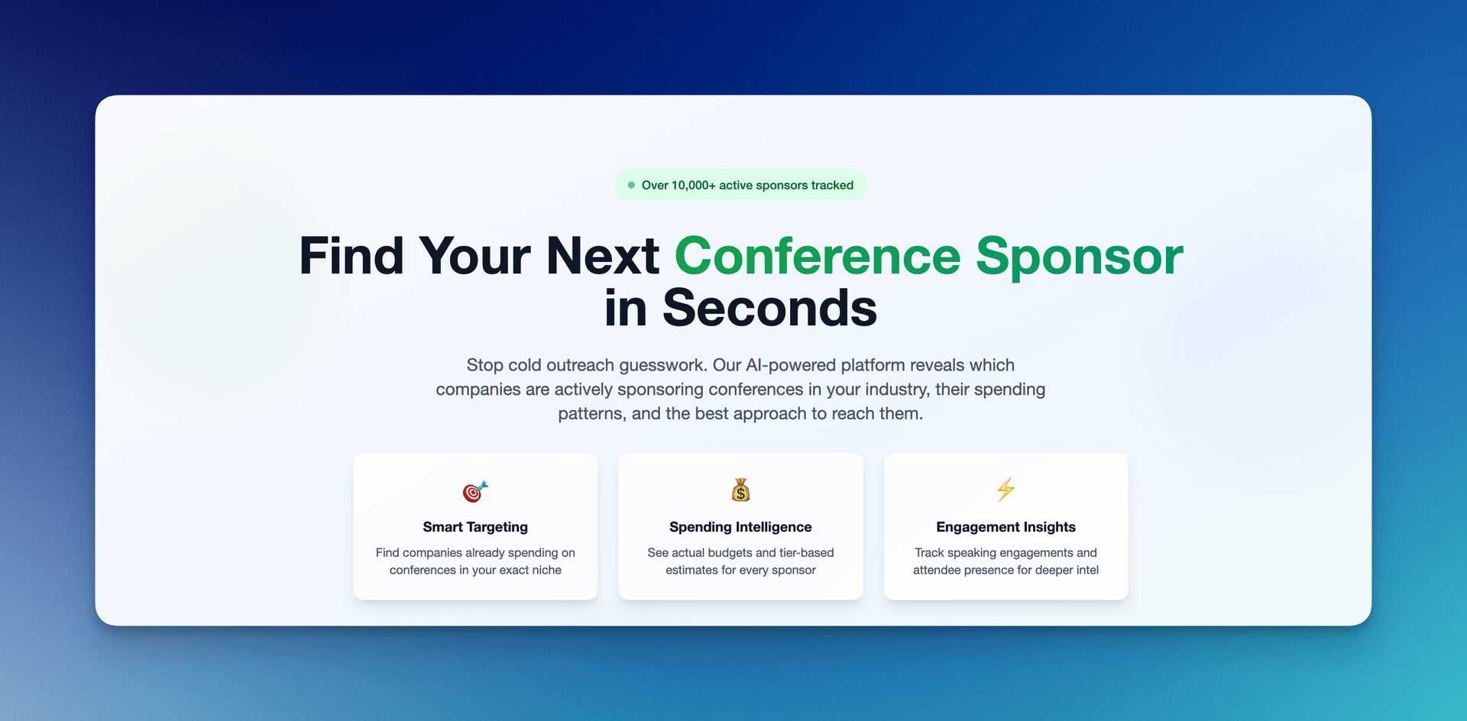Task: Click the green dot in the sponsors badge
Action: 631,185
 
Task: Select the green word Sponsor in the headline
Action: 1080,257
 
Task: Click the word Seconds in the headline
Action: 769,308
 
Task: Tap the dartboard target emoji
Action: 475,491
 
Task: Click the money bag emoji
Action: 740,490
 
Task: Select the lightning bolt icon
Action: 1006,490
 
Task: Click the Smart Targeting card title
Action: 475,527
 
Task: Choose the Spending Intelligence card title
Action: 740,527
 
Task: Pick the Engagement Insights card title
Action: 1006,527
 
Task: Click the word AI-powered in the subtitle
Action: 792,365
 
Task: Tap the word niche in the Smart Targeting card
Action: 546,570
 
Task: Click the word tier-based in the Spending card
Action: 807,552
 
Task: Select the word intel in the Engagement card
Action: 1087,570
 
